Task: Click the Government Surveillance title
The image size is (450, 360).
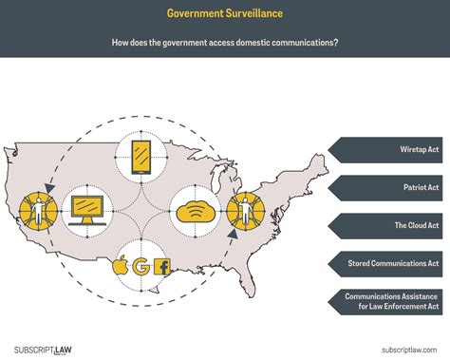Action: coord(224,13)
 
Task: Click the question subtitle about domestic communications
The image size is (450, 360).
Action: coord(224,43)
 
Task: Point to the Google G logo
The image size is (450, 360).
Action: coord(141,266)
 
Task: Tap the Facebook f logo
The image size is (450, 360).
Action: coord(161,268)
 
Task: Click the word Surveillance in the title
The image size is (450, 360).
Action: coord(250,13)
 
